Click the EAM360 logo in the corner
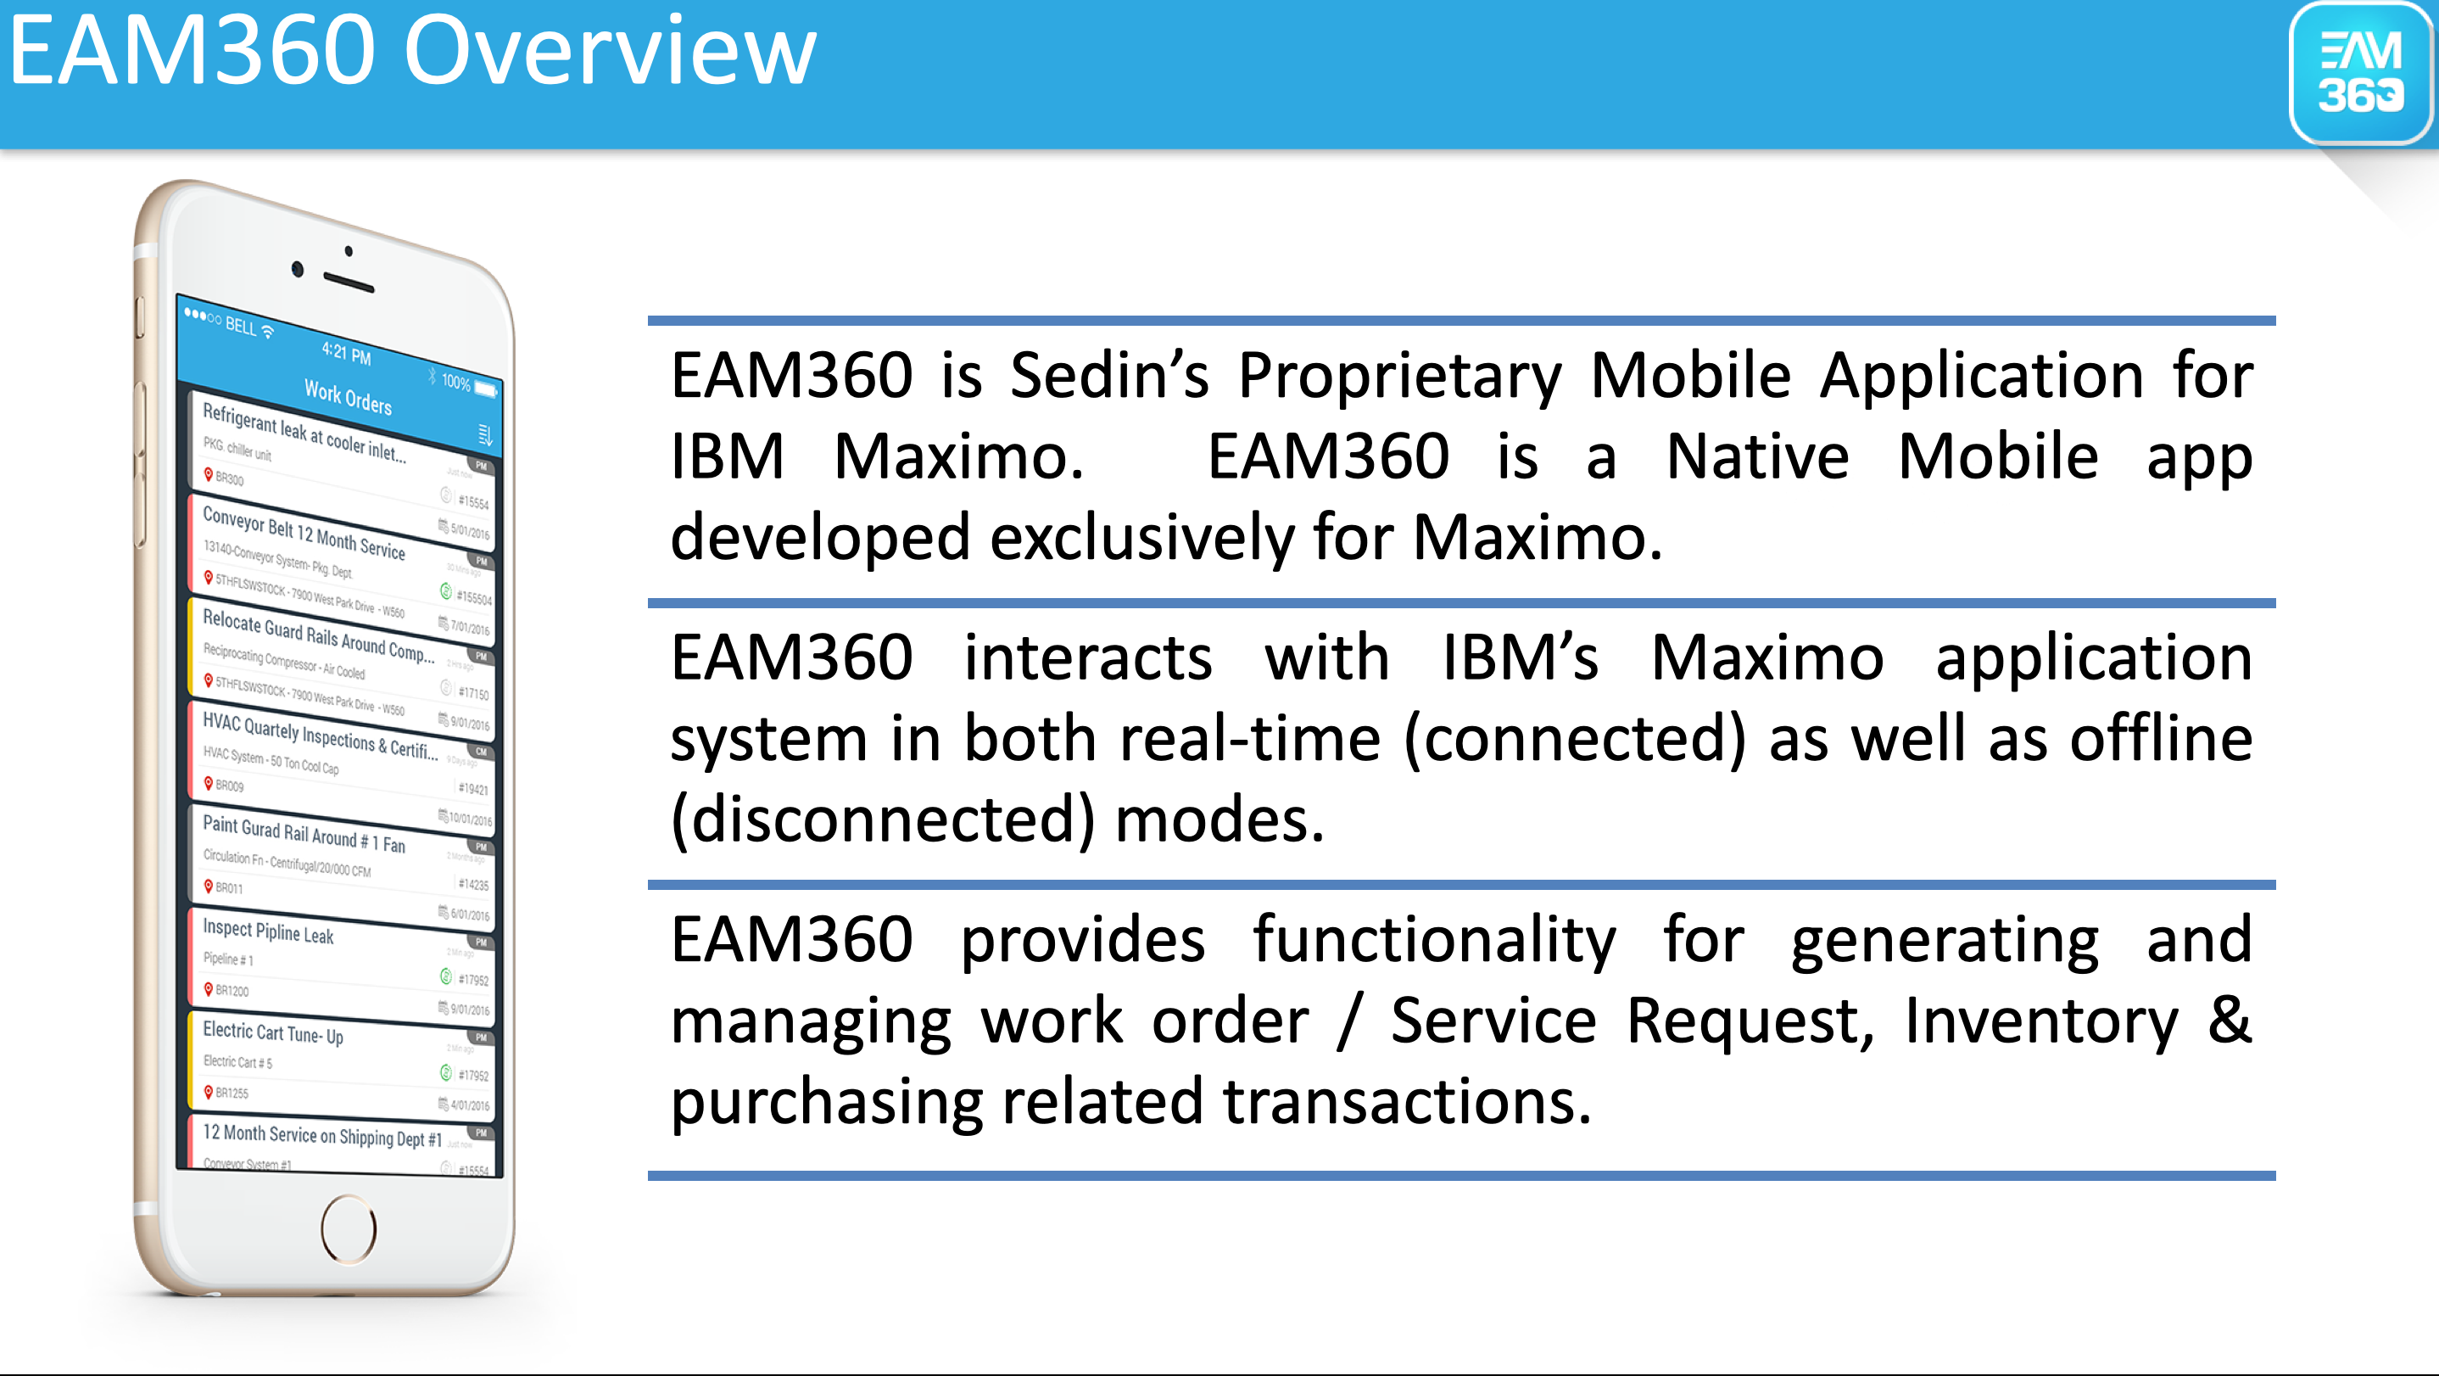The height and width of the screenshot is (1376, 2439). [2358, 74]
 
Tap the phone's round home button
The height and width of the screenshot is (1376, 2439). [349, 1228]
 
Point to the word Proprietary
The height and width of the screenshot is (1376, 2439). [1399, 377]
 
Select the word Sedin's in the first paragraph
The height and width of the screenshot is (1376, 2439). [1108, 375]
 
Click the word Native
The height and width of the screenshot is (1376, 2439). [1756, 457]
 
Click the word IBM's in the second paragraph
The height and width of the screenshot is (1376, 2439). [1520, 657]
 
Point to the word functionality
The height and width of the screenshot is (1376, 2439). [1433, 940]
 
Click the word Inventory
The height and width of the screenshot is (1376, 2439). [2040, 1021]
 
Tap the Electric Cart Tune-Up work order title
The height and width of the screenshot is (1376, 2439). [273, 1033]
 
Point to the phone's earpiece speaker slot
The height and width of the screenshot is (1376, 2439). [349, 282]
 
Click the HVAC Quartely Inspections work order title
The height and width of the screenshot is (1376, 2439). [319, 736]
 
